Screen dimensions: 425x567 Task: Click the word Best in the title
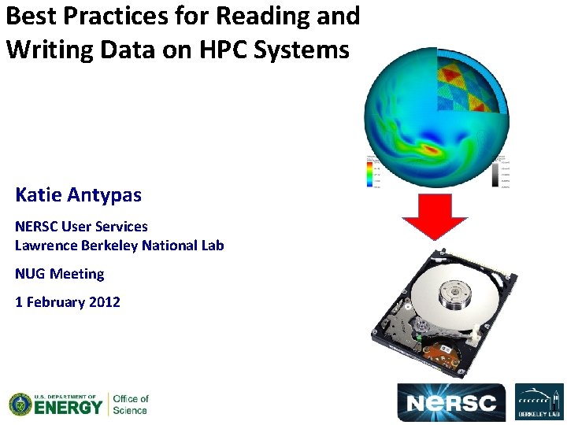(32, 16)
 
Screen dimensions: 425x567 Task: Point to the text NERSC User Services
(81, 226)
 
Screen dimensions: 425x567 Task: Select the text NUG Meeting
(59, 274)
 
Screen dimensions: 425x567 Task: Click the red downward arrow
(435, 216)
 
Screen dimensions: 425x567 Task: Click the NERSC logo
(452, 403)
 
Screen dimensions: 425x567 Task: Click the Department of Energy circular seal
(20, 405)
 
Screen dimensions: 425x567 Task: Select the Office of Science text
(130, 405)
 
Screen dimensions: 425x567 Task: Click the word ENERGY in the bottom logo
(68, 408)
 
